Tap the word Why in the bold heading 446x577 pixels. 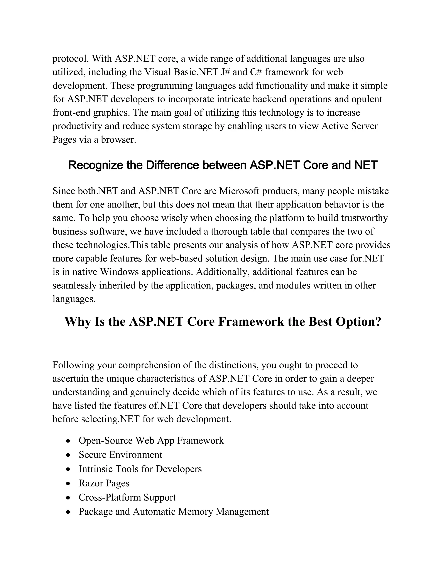77,322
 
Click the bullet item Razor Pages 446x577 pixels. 104,483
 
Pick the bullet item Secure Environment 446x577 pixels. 120,455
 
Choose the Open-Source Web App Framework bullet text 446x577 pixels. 151,440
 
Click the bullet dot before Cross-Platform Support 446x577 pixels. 68,498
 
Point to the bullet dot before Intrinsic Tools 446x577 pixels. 68,469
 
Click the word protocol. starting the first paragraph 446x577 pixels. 71,59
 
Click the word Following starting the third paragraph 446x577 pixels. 73,365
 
